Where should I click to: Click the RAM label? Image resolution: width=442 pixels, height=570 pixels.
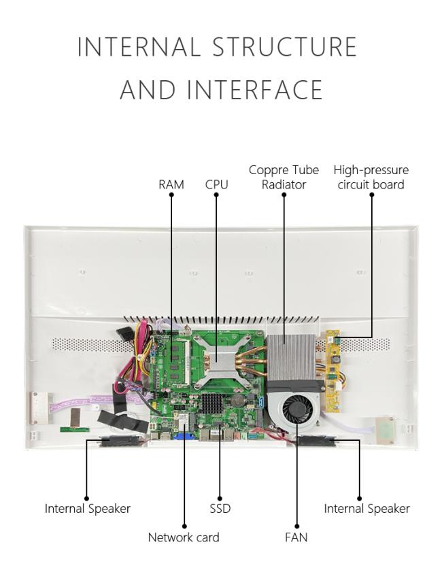point(171,184)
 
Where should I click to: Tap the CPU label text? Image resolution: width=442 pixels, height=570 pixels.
point(217,184)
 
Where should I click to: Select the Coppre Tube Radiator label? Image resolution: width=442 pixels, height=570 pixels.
point(284,177)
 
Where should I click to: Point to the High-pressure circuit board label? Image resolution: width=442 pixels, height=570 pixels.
point(371,177)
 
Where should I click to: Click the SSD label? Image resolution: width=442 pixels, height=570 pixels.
point(220,508)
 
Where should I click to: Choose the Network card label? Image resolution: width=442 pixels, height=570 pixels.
point(184,537)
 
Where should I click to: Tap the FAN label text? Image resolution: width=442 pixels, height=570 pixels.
point(296,537)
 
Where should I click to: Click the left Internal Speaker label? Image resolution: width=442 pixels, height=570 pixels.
point(87,508)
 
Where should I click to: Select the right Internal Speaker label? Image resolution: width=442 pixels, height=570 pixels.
point(367,508)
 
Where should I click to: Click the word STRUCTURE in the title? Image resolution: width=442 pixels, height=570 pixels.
point(285,46)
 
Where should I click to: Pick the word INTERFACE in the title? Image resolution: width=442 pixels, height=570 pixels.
point(255,89)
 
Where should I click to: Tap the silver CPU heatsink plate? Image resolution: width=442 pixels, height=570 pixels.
point(217,358)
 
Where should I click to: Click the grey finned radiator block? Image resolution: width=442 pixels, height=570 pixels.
point(291,357)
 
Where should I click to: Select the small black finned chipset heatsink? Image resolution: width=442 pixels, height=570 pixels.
point(211,401)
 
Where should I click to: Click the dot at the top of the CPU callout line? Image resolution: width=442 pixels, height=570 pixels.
point(216,195)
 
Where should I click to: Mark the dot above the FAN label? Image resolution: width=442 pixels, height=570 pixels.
point(296,526)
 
